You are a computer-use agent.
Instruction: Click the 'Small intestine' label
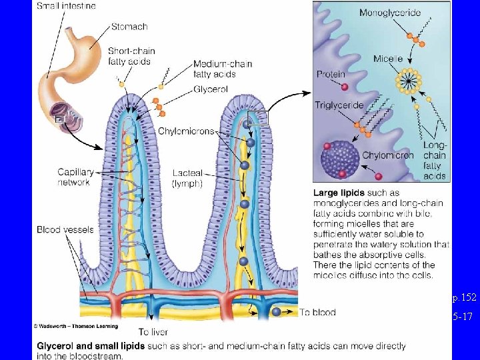click(x=66, y=6)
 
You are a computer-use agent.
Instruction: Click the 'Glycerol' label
click(x=211, y=89)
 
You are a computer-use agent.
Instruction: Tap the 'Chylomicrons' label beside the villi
click(x=186, y=131)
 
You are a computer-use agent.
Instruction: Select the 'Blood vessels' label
click(x=65, y=230)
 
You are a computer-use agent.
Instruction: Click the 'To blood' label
click(x=317, y=312)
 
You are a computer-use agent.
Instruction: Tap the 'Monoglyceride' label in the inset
click(x=390, y=13)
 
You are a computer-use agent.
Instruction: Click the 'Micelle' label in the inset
click(x=388, y=59)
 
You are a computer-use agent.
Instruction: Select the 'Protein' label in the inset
click(x=331, y=74)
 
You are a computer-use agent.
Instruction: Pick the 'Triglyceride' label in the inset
click(x=339, y=105)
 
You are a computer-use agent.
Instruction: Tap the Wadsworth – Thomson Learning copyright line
click(x=76, y=326)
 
